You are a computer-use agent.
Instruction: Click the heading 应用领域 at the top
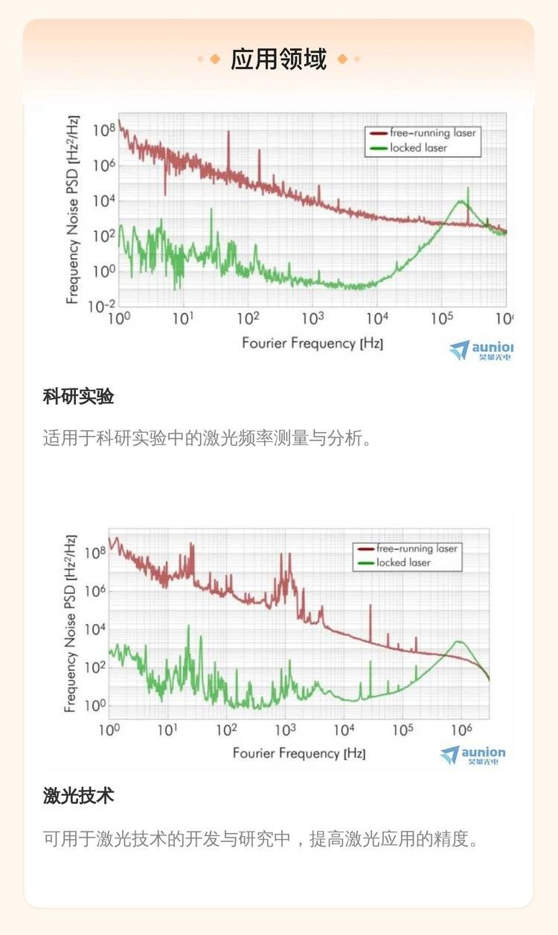278,59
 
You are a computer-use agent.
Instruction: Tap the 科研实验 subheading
78,397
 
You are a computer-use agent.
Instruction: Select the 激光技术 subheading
78,796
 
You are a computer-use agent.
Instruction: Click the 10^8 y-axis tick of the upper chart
103,130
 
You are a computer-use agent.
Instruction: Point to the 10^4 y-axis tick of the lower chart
95,629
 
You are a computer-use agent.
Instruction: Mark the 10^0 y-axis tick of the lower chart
95,705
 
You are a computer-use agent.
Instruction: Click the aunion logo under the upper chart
481,350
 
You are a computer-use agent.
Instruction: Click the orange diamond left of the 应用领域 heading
215,60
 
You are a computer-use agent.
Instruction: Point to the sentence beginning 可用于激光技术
260,840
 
